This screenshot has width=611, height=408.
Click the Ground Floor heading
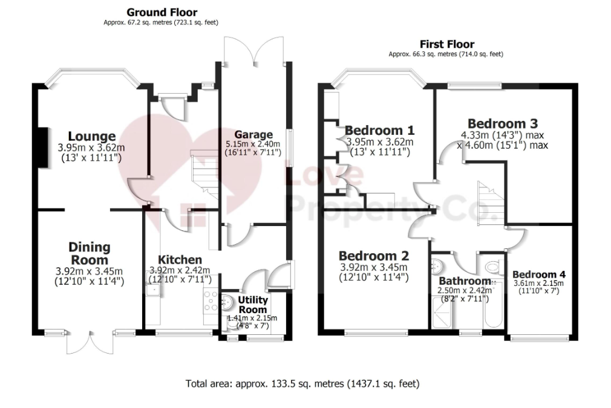click(162, 13)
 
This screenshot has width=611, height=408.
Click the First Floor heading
click(446, 44)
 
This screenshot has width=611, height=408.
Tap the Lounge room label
click(91, 136)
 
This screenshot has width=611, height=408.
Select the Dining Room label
click(90, 253)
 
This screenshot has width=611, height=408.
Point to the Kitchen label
click(180, 260)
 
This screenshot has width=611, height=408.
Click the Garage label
click(253, 135)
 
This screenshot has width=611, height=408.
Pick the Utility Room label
click(252, 305)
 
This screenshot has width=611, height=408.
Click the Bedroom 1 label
click(379, 130)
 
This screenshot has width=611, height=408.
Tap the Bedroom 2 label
click(374, 256)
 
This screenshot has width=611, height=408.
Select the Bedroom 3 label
click(503, 124)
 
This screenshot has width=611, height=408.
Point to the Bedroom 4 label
click(539, 275)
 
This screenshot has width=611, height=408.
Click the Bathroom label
click(465, 281)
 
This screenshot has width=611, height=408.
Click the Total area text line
click(302, 384)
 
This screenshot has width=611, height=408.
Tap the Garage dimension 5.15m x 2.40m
click(253, 144)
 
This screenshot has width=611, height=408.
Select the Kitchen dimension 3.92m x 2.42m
click(180, 270)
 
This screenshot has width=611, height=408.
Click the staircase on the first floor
click(491, 203)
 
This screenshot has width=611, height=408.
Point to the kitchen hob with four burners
click(211, 302)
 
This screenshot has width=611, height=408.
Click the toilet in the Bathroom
click(492, 267)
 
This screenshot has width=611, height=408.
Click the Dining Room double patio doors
click(90, 343)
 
